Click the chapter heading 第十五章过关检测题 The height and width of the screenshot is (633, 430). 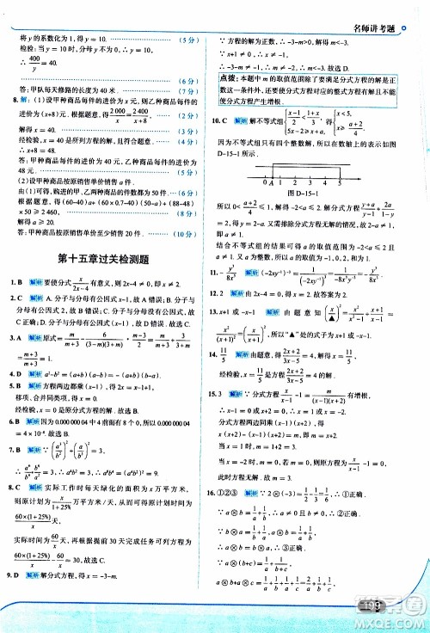[x=107, y=258]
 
